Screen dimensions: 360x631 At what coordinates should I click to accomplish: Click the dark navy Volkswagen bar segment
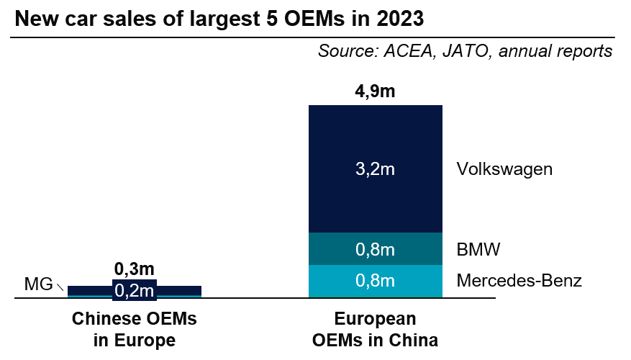point(375,137)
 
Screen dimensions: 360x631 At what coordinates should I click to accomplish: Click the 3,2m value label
point(375,170)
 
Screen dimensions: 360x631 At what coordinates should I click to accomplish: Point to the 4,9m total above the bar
point(375,91)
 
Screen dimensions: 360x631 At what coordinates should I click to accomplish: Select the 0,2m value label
point(135,290)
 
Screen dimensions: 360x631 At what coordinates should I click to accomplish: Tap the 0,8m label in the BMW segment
point(375,250)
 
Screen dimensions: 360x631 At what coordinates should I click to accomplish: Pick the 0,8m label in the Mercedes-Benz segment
point(375,281)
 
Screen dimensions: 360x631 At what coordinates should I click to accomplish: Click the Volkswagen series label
point(504,170)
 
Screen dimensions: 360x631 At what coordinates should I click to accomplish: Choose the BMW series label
point(478,250)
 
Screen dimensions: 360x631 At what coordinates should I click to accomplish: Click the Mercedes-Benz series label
point(519,281)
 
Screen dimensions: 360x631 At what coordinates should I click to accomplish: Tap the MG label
point(38,284)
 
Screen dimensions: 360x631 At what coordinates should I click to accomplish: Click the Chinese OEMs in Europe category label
point(135,329)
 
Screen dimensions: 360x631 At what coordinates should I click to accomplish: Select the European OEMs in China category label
point(375,329)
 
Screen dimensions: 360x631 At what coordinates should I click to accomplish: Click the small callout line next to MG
point(61,287)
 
